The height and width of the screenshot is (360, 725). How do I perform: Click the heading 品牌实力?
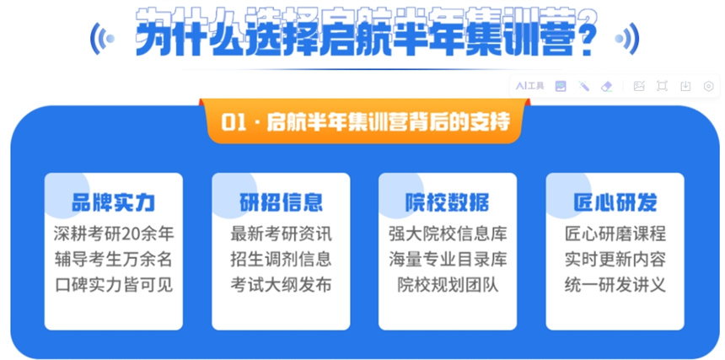pyautogui.click(x=113, y=203)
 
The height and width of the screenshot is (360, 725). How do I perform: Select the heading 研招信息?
pyautogui.click(x=281, y=203)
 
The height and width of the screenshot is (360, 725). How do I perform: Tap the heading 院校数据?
pyautogui.click(x=448, y=203)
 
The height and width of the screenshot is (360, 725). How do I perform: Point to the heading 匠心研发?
pyautogui.click(x=615, y=203)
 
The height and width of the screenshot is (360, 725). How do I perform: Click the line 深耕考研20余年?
pyautogui.click(x=114, y=234)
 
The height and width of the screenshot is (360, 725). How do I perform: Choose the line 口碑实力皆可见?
pyautogui.click(x=114, y=285)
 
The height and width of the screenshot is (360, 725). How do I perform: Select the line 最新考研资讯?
pyautogui.click(x=281, y=234)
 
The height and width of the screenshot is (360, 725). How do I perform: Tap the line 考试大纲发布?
pyautogui.click(x=281, y=285)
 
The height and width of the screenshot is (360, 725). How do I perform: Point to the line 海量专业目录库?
pyautogui.click(x=448, y=260)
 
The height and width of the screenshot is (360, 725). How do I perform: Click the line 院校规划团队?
pyautogui.click(x=448, y=285)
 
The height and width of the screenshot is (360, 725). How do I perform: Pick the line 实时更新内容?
pyautogui.click(x=615, y=260)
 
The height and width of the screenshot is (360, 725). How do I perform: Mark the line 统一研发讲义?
pyautogui.click(x=615, y=285)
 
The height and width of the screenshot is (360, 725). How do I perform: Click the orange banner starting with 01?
pyautogui.click(x=365, y=121)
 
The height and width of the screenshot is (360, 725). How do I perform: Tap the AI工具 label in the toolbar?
pyautogui.click(x=530, y=86)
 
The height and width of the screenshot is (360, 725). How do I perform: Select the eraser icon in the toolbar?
pyautogui.click(x=606, y=86)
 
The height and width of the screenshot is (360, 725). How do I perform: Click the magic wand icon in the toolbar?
pyautogui.click(x=583, y=86)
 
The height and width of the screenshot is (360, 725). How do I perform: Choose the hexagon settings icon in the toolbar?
pyautogui.click(x=708, y=86)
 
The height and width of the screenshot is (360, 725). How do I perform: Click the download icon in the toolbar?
pyautogui.click(x=685, y=86)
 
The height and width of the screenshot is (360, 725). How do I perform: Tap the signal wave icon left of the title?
pyautogui.click(x=102, y=38)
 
